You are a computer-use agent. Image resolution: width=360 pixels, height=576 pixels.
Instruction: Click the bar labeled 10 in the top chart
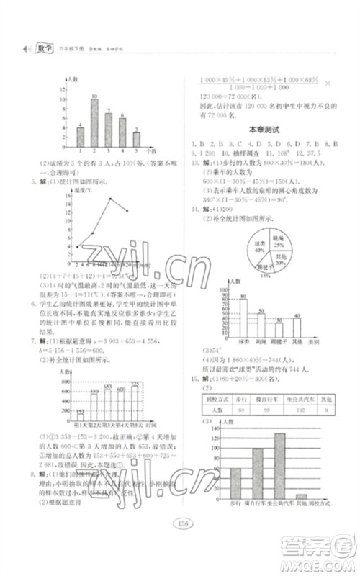[x=94, y=123]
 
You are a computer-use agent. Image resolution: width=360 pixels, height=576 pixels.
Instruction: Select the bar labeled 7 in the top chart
[x=108, y=130]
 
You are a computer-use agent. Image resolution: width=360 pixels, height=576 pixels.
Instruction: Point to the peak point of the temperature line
[x=109, y=199]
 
